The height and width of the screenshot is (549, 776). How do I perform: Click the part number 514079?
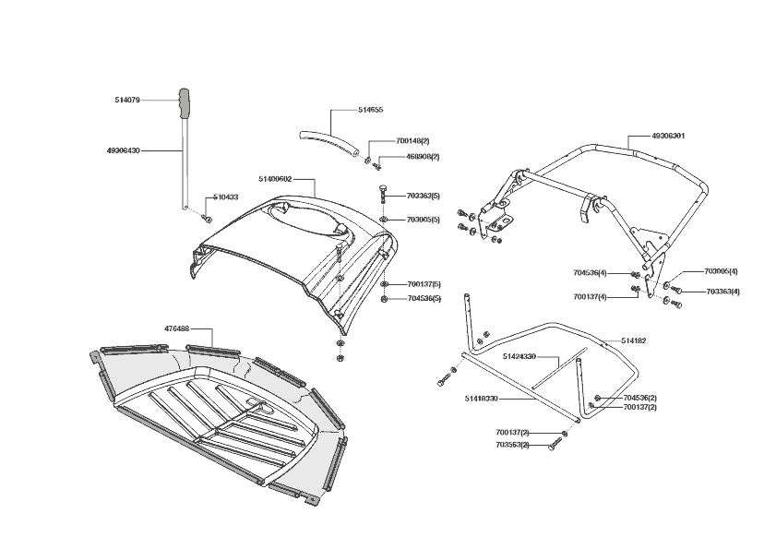(129, 99)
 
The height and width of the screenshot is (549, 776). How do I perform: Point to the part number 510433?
(226, 197)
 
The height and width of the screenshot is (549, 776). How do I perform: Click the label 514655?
(370, 110)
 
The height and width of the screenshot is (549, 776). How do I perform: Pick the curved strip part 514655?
(328, 141)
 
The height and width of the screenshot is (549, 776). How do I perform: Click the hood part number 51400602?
(276, 179)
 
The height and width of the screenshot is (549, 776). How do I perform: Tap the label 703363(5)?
(423, 196)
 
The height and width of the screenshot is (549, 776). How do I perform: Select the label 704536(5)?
(423, 298)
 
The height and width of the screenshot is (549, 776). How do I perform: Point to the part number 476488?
(176, 328)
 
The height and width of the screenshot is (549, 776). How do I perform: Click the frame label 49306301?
(668, 136)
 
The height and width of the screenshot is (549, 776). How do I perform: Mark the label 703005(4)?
(722, 271)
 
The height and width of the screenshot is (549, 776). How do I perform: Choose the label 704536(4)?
(590, 273)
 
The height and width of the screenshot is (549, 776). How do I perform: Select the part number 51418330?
(482, 399)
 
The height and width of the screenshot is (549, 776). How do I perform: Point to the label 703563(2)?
(512, 446)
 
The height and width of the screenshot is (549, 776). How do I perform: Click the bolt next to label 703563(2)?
(553, 446)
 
